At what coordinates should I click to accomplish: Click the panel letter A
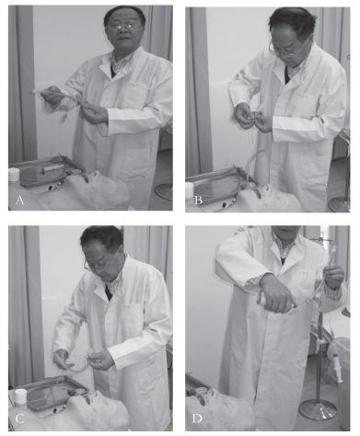(x=19, y=201)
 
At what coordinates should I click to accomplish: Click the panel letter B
(x=198, y=201)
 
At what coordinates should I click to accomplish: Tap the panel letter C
(x=19, y=419)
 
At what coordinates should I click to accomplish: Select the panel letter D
(x=197, y=419)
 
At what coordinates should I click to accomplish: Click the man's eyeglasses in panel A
(x=123, y=27)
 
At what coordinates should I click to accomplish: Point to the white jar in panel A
(x=14, y=176)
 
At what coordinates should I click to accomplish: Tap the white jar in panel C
(x=20, y=396)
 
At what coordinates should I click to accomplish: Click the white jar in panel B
(x=190, y=190)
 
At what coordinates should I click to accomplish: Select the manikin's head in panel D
(x=219, y=412)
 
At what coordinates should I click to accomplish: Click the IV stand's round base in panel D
(x=318, y=409)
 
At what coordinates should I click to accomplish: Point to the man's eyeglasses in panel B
(x=284, y=50)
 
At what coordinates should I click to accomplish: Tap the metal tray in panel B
(x=222, y=187)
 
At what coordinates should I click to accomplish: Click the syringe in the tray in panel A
(x=49, y=169)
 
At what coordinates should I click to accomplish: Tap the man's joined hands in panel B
(x=253, y=118)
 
